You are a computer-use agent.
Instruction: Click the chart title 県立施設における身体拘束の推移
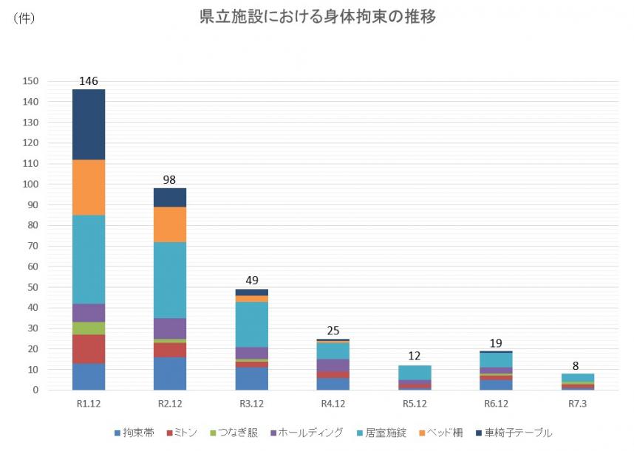point(318,17)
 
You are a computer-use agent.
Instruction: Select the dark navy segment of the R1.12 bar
point(89,124)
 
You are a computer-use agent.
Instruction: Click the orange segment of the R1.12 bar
point(89,187)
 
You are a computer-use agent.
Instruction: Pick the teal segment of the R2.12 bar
point(170,280)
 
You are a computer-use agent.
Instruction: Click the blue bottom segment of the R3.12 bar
point(251,378)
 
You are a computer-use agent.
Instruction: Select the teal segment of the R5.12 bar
point(415,372)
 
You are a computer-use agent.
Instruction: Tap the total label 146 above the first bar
point(89,81)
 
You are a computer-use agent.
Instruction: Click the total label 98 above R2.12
point(170,179)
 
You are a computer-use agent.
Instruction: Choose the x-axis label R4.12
point(333,404)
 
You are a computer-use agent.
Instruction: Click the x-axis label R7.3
point(578,404)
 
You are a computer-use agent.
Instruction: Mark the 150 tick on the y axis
point(32,81)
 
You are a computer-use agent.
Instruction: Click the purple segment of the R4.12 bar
point(333,365)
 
